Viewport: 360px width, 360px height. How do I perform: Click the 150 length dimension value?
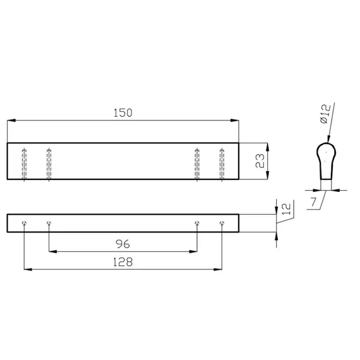[123, 112]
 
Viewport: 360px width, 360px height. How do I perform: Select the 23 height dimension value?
[260, 161]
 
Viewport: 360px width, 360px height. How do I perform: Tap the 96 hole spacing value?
[123, 244]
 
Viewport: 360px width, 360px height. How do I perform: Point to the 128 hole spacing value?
[123, 262]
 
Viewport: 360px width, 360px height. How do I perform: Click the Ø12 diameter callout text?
[325, 114]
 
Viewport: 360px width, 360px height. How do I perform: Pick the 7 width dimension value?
[314, 202]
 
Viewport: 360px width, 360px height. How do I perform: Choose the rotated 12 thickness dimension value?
[286, 209]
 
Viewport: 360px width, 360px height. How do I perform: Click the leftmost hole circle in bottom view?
[24, 223]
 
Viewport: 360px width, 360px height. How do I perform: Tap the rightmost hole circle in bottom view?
[222, 223]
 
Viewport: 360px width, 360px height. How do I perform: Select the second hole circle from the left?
[49, 223]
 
